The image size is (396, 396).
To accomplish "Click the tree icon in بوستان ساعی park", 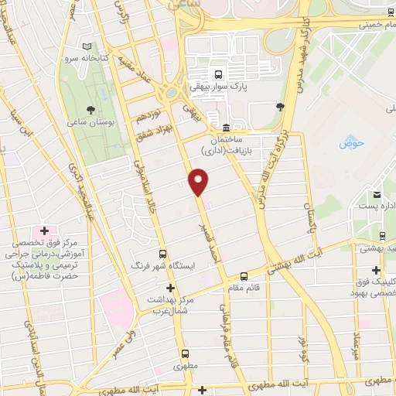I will (91, 110).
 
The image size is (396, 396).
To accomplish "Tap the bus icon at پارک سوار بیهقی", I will (220, 76).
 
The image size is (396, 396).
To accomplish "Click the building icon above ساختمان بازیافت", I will (225, 127).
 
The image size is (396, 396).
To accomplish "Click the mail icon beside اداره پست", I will (377, 194).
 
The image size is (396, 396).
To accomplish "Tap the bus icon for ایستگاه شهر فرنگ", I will (162, 254).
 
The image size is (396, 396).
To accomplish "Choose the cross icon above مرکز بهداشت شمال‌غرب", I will (172, 288).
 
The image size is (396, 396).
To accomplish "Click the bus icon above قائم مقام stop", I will (244, 276).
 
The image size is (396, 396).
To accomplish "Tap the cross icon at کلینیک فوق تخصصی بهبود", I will (376, 271).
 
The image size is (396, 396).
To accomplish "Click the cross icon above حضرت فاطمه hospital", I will (44, 230).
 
